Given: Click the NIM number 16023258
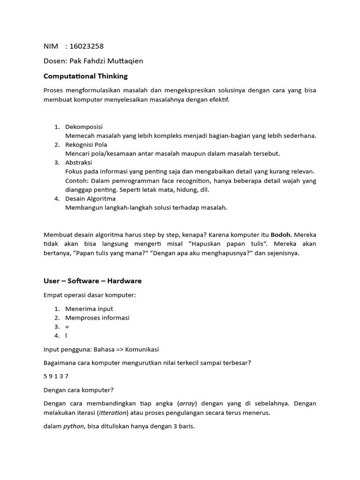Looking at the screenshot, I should coord(86,46).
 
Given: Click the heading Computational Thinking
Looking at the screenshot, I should coord(85,76).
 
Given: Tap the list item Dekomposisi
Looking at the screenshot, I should coord(84,127).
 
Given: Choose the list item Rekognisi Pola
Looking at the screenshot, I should coord(86,145).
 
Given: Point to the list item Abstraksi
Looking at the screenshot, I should coord(79,163).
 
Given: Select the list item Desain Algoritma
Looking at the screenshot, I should coord(90,199).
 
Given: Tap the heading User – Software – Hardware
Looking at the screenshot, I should coord(92,281).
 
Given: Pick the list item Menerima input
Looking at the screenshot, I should coord(89,309).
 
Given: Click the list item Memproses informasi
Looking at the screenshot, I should coord(97,318).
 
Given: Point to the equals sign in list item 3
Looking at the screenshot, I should coord(67,327).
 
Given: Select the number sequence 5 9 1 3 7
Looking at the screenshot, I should coord(56,376).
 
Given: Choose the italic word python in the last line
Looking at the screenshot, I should coord(74,427).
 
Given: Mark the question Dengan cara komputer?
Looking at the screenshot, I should coord(78,390).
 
